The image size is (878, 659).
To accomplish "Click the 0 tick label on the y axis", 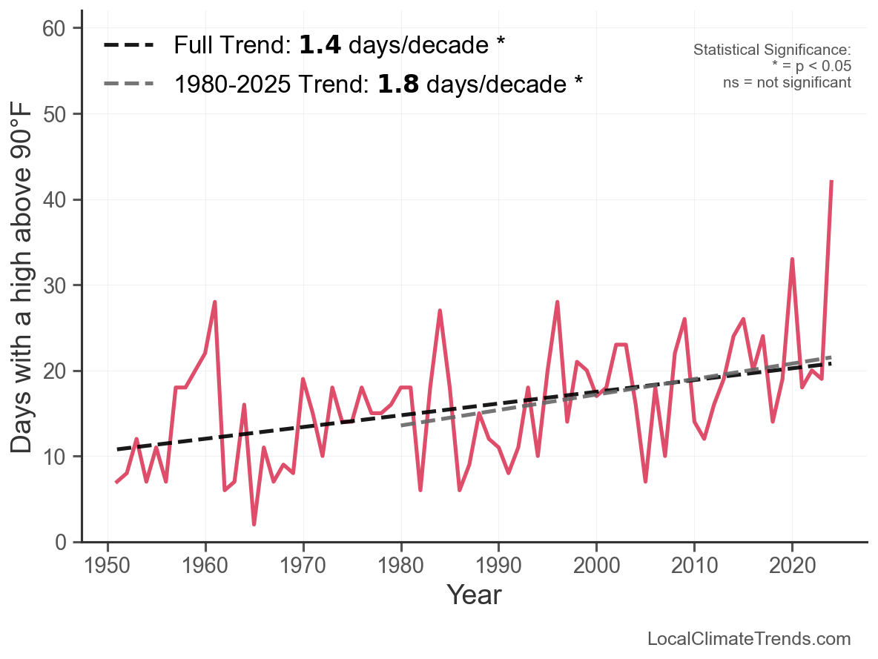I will pyautogui.click(x=65, y=542).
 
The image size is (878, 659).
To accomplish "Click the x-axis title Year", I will pyautogui.click(x=474, y=595).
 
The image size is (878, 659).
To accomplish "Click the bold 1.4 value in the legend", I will pyautogui.click(x=320, y=45).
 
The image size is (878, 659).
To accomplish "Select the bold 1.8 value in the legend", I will pyautogui.click(x=398, y=84).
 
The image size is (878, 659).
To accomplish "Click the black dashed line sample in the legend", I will pyautogui.click(x=129, y=45).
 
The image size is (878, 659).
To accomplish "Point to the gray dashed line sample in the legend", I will pyautogui.click(x=129, y=84).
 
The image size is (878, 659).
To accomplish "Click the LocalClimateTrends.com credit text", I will pyautogui.click(x=749, y=639).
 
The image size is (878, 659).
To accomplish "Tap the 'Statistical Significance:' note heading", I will pyautogui.click(x=772, y=50).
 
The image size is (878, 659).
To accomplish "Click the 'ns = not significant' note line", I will pyautogui.click(x=787, y=82).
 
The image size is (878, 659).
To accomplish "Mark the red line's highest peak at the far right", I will pyautogui.click(x=831, y=181).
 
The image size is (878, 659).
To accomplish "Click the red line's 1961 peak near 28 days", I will pyautogui.click(x=215, y=302).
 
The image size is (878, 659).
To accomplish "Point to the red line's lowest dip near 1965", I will pyautogui.click(x=254, y=524).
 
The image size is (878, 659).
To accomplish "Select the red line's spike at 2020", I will pyautogui.click(x=792, y=259).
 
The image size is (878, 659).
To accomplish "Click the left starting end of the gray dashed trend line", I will pyautogui.click(x=402, y=425).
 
